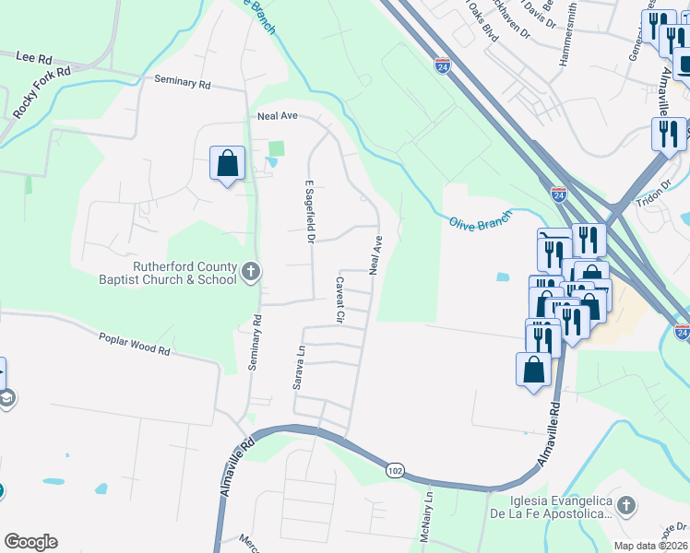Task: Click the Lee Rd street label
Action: click(x=33, y=56)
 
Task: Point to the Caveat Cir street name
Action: click(x=339, y=300)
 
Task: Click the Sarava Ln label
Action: click(x=298, y=368)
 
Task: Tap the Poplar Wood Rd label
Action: click(x=135, y=345)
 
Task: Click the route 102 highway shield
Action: click(x=395, y=471)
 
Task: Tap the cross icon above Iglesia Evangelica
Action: click(x=625, y=505)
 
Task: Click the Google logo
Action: click(x=30, y=542)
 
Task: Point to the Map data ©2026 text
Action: click(x=650, y=546)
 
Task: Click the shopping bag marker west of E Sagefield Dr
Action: click(x=227, y=164)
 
